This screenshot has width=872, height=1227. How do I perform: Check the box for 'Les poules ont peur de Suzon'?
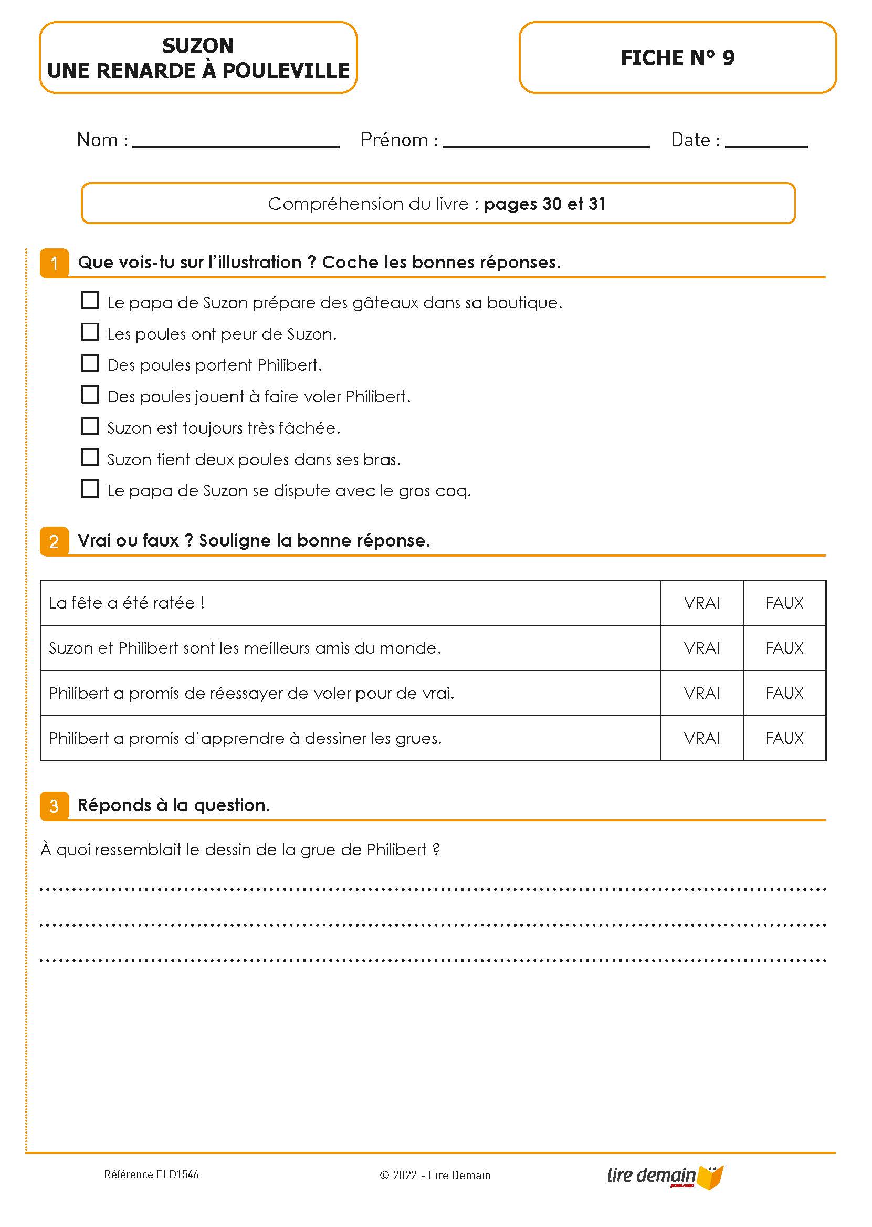(90, 332)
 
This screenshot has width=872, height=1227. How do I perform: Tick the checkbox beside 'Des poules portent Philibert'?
(90, 363)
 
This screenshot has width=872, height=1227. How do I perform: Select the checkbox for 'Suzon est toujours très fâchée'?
(90, 426)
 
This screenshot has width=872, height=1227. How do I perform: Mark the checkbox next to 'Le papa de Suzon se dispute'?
(90, 489)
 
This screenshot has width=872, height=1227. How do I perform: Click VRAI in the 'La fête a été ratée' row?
(702, 603)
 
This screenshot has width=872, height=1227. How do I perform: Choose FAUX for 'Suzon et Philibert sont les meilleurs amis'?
(784, 648)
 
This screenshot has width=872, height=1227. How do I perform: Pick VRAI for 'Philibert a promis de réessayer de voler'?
(702, 693)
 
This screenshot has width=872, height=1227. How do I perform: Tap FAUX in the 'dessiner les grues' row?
(784, 738)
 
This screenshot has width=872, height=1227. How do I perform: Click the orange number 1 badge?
(54, 263)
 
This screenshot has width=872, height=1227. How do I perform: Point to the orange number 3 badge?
(54, 806)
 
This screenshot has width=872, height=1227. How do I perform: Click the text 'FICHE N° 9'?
(678, 58)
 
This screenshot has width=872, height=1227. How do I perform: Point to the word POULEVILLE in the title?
(286, 71)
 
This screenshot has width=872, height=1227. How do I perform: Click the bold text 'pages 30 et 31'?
(544, 204)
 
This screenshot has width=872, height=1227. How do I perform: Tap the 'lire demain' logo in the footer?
(665, 1176)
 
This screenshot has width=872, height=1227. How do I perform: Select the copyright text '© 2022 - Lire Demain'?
(435, 1175)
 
